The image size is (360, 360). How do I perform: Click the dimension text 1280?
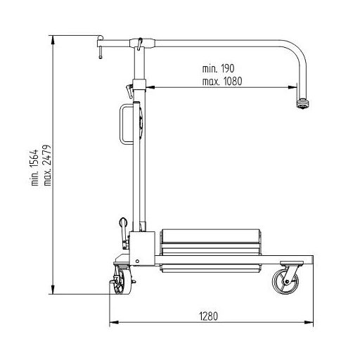click(209, 316)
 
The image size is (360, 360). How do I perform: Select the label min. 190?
click(218, 69)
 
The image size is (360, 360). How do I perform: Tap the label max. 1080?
click(222, 82)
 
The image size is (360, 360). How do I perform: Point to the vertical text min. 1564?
click(34, 167)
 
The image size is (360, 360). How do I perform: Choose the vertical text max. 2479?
click(47, 165)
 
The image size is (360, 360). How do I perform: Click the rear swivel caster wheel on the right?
click(285, 281)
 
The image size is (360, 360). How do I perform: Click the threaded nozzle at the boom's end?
click(302, 103)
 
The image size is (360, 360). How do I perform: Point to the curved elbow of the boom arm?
click(297, 51)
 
